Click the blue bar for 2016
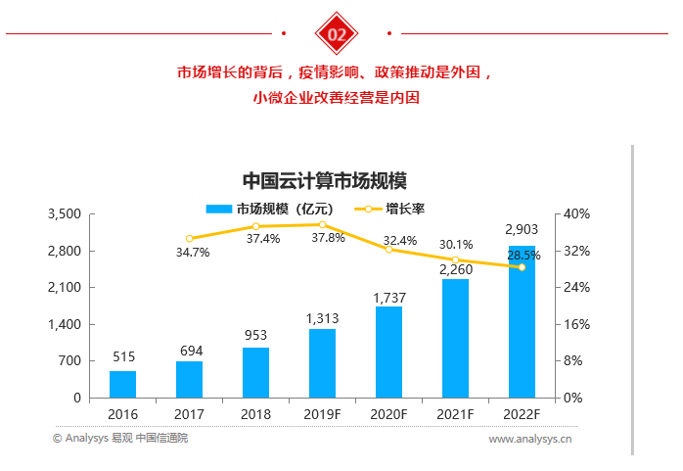point(122,384)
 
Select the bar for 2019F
point(322,363)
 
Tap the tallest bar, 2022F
point(522,322)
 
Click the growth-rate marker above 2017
point(190,238)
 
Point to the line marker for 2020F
point(388,250)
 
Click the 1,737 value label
point(389,297)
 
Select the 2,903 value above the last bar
point(522,230)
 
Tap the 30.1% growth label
point(455,245)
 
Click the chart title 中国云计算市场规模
point(324,181)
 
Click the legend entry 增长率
point(391,209)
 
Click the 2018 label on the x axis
point(255,414)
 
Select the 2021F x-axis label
point(455,414)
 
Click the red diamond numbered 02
point(337,34)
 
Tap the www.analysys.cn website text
point(530,440)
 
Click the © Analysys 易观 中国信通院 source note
point(119,439)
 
